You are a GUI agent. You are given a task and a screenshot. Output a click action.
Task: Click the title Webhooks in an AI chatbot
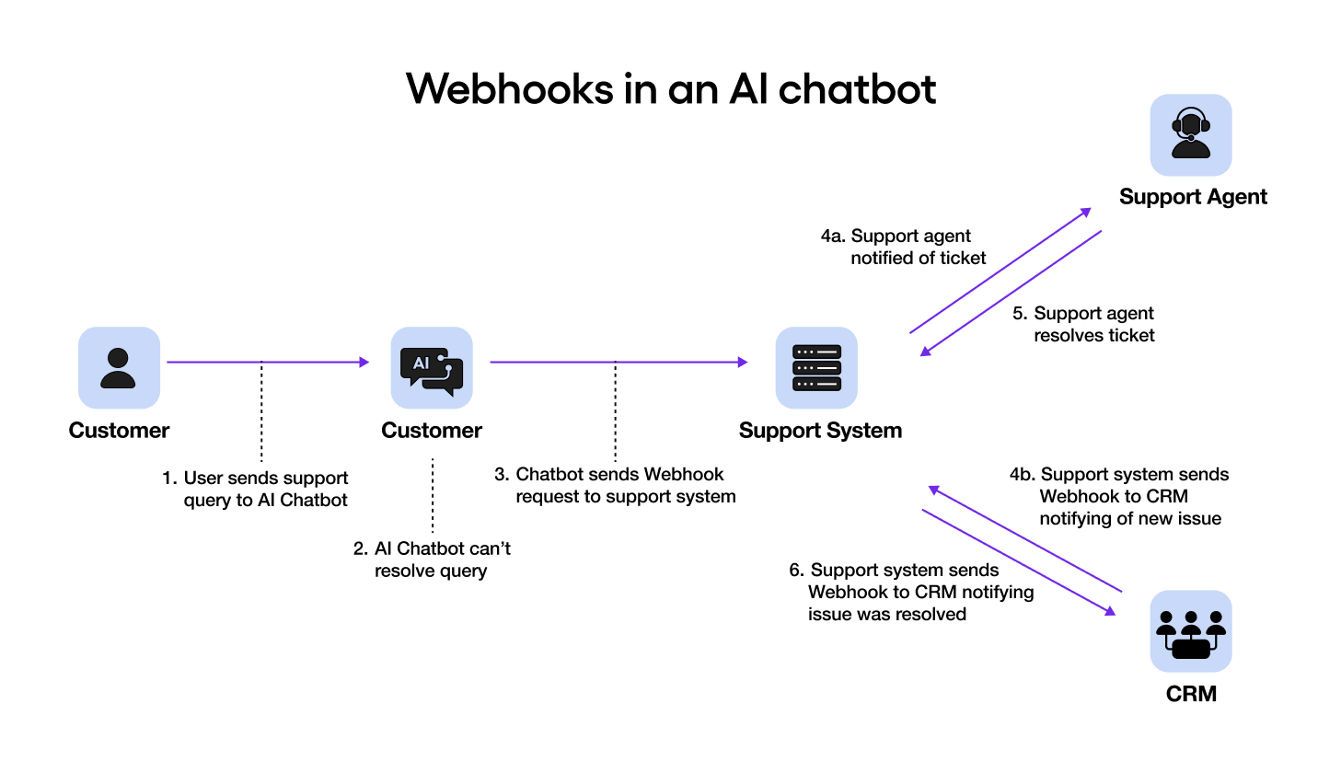670,89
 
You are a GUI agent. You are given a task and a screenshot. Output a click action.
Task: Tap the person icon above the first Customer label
119,367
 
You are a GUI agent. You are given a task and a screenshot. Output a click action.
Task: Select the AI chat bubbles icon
432,368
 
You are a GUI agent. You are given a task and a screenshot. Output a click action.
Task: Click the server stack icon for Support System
816,368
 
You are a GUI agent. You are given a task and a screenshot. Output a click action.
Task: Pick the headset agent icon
1191,134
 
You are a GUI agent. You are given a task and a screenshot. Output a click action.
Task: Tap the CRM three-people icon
1191,631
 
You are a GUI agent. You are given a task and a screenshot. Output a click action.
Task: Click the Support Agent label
1193,197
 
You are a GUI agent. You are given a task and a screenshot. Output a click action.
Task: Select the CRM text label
1191,694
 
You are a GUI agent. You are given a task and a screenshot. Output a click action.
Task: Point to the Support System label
820,431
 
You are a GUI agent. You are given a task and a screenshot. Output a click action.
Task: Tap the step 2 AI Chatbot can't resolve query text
433,560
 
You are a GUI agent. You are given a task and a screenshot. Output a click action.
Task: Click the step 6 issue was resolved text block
911,592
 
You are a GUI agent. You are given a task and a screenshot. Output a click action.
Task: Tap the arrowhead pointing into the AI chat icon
364,363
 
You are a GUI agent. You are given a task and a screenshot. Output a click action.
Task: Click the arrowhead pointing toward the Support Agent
1086,213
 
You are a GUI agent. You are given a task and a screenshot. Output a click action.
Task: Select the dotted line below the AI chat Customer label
433,497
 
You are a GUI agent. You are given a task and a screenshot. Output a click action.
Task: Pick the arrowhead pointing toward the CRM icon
1110,611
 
